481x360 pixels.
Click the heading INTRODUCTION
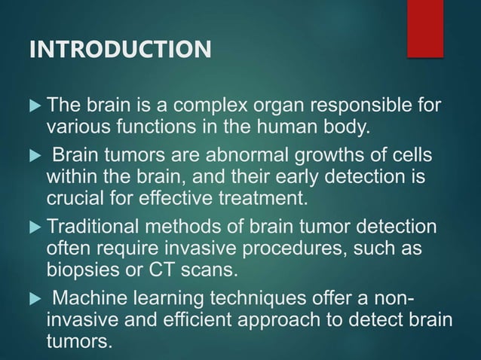(x=120, y=51)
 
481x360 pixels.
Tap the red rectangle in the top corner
(x=425, y=28)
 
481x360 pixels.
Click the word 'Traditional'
(x=93, y=226)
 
